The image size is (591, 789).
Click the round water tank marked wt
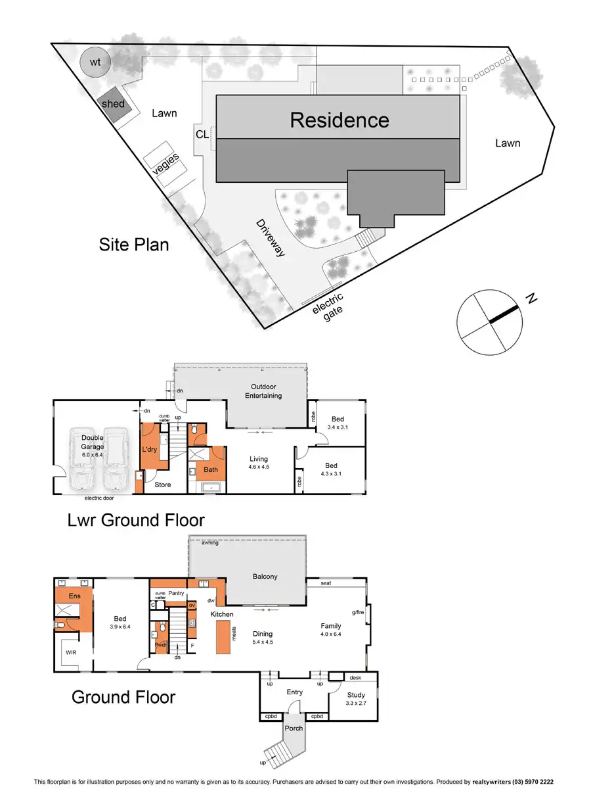tap(95, 63)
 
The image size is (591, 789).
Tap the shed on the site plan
tap(114, 104)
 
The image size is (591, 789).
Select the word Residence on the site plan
tap(339, 120)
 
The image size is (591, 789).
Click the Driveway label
tap(270, 237)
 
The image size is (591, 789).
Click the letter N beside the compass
tap(532, 300)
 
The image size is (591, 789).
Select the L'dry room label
tap(150, 450)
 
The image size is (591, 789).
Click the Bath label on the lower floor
tap(211, 469)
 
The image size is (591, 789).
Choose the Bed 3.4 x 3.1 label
tap(337, 423)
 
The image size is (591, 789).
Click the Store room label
tap(162, 485)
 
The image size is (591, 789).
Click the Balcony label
tap(265, 577)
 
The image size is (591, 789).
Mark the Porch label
tap(293, 729)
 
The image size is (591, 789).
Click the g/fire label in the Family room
tap(358, 612)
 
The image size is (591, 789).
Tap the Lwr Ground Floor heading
tap(136, 520)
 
